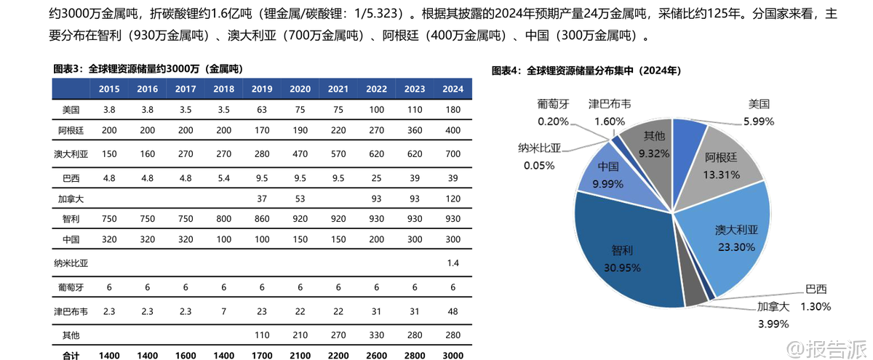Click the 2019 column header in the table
pyautogui.click(x=262, y=89)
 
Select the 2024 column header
pyautogui.click(x=453, y=89)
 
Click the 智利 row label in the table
pyautogui.click(x=71, y=218)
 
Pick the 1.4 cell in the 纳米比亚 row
pyautogui.click(x=453, y=262)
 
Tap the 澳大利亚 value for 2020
pyautogui.click(x=300, y=154)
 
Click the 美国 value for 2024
pyautogui.click(x=453, y=110)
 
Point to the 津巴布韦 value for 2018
pyautogui.click(x=223, y=311)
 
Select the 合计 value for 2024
pyautogui.click(x=453, y=356)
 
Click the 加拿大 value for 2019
pyautogui.click(x=262, y=198)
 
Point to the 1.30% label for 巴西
pyautogui.click(x=816, y=306)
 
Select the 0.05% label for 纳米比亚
pyautogui.click(x=539, y=165)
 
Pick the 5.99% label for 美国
pyautogui.click(x=759, y=121)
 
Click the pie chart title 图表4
pyautogui.click(x=586, y=71)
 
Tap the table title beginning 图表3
pyautogui.click(x=148, y=68)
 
